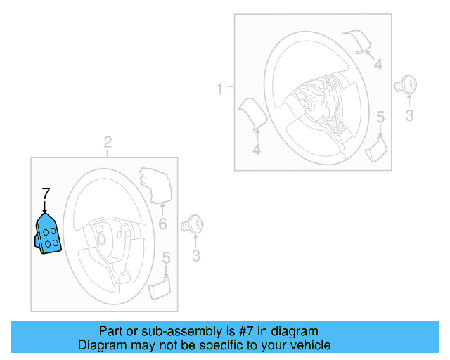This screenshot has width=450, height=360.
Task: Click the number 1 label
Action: (x=219, y=89)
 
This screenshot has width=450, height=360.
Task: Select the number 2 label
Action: (x=108, y=143)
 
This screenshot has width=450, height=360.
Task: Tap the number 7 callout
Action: (x=46, y=193)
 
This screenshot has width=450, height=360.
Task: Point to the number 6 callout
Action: (x=162, y=224)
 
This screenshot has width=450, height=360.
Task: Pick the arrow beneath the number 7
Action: (x=46, y=207)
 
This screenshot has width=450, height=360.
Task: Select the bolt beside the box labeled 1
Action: (x=406, y=84)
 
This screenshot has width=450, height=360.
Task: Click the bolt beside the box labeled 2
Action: (x=191, y=226)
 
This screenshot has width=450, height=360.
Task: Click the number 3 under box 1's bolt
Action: (x=410, y=115)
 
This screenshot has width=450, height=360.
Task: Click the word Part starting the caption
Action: (x=110, y=331)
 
